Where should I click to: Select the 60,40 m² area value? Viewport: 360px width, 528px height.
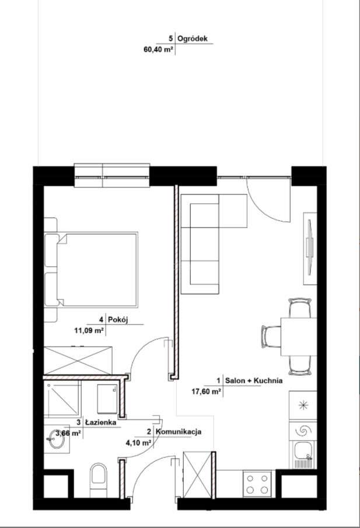[x=158, y=50]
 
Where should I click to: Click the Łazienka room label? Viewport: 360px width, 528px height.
[x=102, y=421]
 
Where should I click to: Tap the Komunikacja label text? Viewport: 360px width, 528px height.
[x=179, y=432]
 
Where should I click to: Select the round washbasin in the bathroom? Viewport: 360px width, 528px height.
[x=57, y=441]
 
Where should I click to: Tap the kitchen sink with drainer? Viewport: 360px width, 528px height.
[x=303, y=454]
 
